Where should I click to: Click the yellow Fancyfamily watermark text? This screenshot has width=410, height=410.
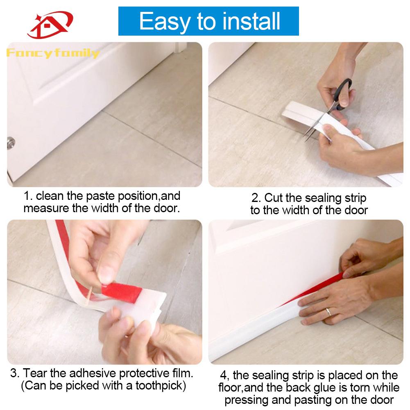[x=53, y=53]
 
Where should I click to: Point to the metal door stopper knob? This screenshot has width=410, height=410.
[x=11, y=143]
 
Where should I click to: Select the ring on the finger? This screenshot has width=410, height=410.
[x=328, y=312]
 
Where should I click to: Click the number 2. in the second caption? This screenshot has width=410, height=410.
[x=256, y=198]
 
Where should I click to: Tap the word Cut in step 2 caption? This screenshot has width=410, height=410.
[x=273, y=198]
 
